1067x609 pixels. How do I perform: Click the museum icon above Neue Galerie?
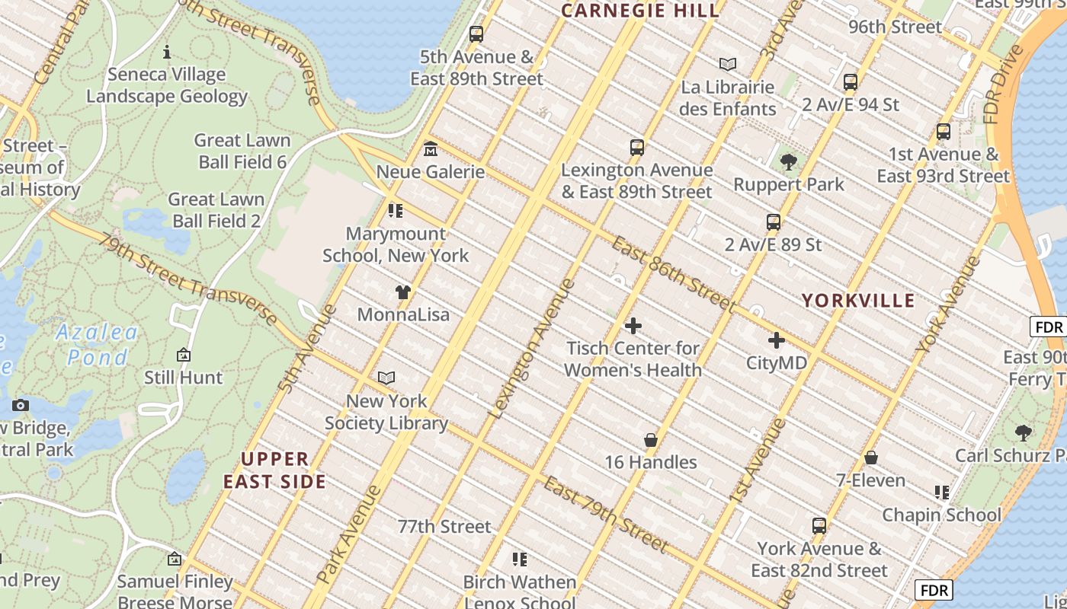(x=431, y=148)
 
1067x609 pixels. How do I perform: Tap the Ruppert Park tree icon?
(x=789, y=161)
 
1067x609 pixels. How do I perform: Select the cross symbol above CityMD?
(x=777, y=340)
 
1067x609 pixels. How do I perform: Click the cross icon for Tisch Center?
(x=633, y=326)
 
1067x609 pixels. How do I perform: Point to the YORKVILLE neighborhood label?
(x=857, y=301)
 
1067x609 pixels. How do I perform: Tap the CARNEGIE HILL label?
(x=640, y=11)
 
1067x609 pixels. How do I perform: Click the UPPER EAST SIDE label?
(x=275, y=470)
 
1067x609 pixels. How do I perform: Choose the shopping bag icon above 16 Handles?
(x=651, y=440)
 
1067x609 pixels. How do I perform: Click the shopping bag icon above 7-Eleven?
(x=870, y=458)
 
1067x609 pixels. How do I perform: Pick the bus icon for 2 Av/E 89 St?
(x=774, y=222)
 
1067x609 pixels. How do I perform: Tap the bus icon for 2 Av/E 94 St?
(x=851, y=82)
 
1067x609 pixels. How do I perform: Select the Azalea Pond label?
(x=97, y=344)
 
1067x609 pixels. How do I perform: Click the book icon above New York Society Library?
(x=386, y=378)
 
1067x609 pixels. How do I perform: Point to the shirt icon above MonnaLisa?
(x=403, y=292)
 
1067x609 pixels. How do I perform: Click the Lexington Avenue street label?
(x=531, y=349)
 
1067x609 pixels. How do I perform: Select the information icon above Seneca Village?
(x=167, y=52)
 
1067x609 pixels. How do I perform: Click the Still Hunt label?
(x=184, y=377)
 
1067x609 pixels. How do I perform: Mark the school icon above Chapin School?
(x=942, y=493)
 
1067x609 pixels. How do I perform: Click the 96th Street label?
(x=895, y=27)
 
